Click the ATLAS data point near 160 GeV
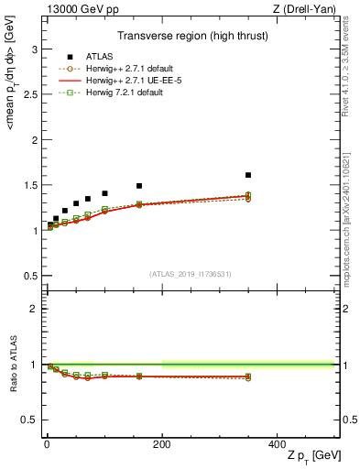coord(138,186)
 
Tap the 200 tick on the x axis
coord(161,442)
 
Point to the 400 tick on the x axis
coord(277,442)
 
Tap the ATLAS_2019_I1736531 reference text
coord(191,274)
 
